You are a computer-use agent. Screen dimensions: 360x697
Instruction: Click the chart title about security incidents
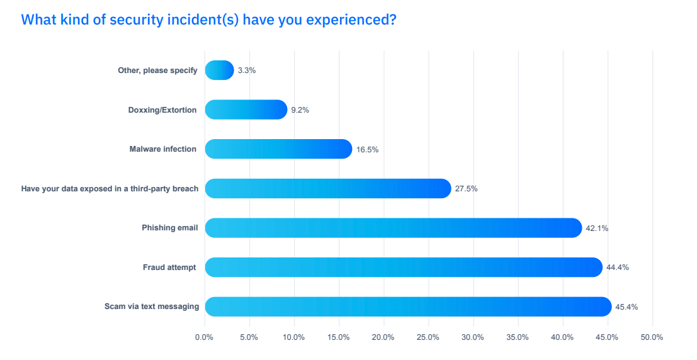point(208,20)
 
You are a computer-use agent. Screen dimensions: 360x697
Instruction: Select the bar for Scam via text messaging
point(408,307)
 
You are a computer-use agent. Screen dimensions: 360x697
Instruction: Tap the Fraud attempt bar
point(403,267)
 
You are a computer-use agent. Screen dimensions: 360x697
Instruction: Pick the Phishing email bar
point(393,228)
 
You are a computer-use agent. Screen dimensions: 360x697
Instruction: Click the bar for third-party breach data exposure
point(327,188)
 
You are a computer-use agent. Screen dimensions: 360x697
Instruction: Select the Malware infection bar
point(278,149)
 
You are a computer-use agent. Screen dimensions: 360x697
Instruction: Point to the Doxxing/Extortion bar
point(246,110)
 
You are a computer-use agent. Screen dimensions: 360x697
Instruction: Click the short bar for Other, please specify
point(219,70)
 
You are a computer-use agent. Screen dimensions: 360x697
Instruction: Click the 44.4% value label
point(618,267)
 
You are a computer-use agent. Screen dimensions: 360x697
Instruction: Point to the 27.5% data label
point(467,189)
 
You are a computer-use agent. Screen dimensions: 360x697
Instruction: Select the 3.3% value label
point(247,70)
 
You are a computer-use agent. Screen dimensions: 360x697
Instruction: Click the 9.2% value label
point(300,110)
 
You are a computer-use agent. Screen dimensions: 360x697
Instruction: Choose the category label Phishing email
point(169,228)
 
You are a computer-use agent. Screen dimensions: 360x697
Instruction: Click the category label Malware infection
point(162,149)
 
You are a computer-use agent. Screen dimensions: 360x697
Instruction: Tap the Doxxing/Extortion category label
point(162,110)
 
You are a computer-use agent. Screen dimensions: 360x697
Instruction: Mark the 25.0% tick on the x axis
point(428,337)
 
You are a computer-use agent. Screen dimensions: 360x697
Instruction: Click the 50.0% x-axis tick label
point(652,337)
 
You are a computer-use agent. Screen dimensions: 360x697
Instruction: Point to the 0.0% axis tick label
point(205,337)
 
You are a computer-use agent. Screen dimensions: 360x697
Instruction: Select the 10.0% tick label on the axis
point(294,337)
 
